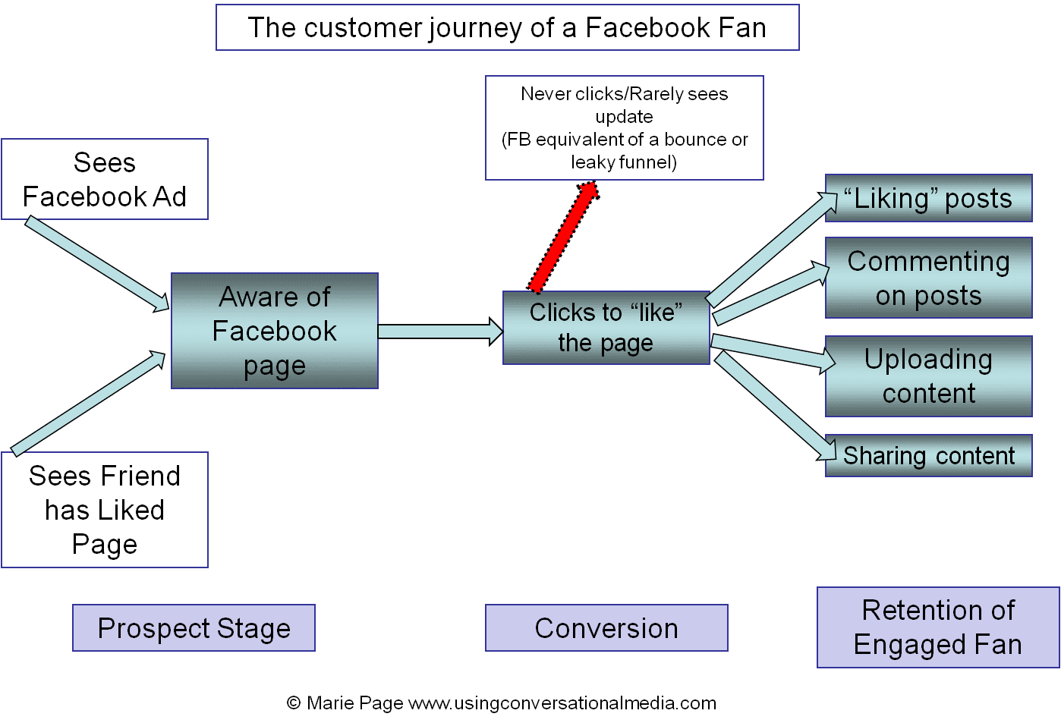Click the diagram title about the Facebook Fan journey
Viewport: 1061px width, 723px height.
click(507, 28)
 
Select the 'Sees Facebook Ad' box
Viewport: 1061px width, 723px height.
click(105, 180)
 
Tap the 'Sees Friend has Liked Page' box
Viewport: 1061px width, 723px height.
click(105, 510)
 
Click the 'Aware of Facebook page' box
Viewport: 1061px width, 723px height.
click(275, 332)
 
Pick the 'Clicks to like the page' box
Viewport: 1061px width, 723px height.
click(606, 328)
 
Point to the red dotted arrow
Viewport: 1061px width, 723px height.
click(565, 237)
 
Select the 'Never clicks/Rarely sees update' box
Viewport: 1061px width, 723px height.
click(624, 127)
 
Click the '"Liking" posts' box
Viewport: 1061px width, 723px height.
click(928, 199)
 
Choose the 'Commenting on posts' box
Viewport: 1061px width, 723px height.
click(928, 278)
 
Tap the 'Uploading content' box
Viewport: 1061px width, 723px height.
click(928, 376)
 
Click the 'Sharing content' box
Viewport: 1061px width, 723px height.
click(928, 455)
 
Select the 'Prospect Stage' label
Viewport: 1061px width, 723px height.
click(194, 628)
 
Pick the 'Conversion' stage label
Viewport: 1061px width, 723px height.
click(606, 628)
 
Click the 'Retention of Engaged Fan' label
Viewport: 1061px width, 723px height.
click(938, 627)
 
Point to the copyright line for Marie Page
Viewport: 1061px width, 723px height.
click(502, 703)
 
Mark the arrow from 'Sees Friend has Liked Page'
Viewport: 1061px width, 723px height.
click(88, 402)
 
